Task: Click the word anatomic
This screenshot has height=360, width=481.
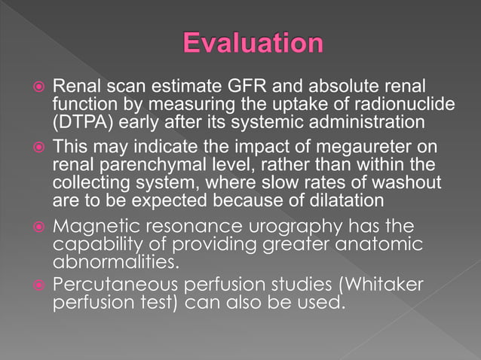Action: pos(389,245)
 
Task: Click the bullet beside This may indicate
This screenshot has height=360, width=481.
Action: pos(41,149)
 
